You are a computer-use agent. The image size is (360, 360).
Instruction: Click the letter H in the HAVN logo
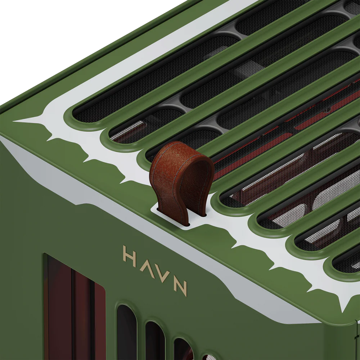click(130, 256)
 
